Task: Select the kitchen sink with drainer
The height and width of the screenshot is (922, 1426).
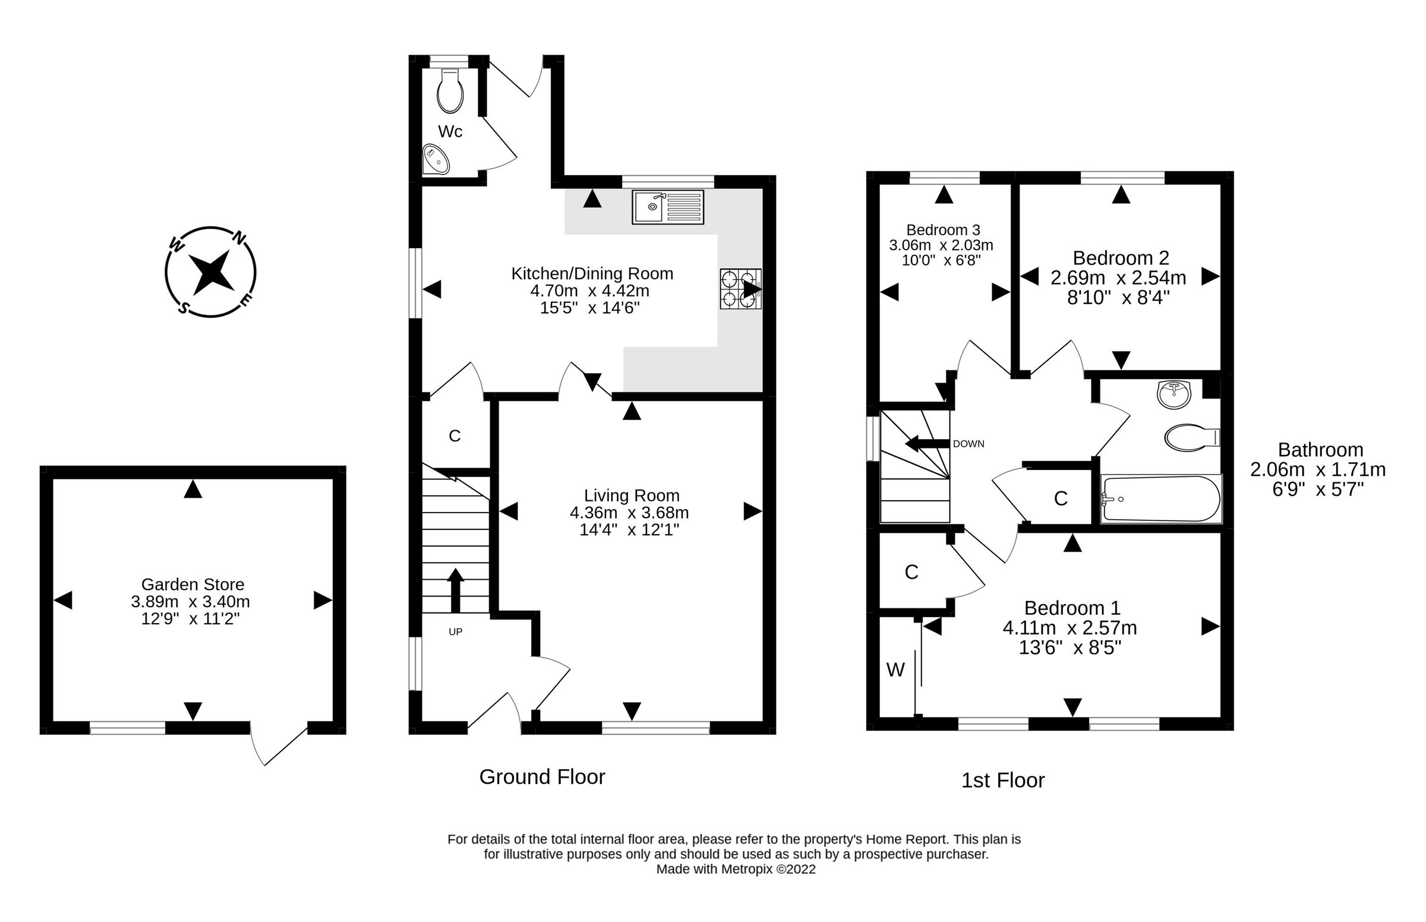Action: (667, 207)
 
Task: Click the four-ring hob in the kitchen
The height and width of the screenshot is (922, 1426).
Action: (740, 289)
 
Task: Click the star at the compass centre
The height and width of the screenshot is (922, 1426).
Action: (210, 272)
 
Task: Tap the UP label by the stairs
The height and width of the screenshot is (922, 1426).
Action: (455, 631)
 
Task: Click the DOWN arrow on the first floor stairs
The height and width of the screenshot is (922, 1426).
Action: (928, 444)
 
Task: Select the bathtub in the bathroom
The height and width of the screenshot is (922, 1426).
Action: (1160, 498)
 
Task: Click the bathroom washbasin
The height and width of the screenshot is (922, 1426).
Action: (1174, 394)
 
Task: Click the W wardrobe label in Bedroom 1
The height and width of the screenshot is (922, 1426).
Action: (895, 670)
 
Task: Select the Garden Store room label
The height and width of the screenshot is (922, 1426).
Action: (192, 584)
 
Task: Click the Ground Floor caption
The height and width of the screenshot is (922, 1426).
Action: (542, 777)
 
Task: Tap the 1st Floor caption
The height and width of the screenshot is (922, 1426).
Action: (1003, 780)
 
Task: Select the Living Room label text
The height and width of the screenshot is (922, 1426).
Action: (632, 495)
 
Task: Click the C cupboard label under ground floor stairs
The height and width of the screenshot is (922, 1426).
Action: (455, 436)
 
